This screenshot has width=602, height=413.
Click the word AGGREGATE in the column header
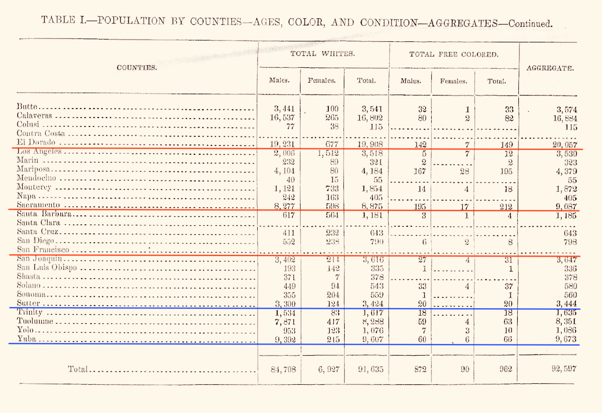pyautogui.click(x=550, y=68)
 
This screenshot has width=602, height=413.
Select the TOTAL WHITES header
pyautogui.click(x=322, y=54)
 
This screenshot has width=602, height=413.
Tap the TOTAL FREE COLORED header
pyautogui.click(x=453, y=55)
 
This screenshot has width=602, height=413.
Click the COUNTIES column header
pyautogui.click(x=137, y=68)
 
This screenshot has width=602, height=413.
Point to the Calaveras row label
pyautogui.click(x=34, y=116)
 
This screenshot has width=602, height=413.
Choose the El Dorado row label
pyautogui.click(x=36, y=142)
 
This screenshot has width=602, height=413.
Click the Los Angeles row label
pyautogui.click(x=39, y=151)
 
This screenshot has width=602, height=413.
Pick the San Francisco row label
pyautogui.click(x=43, y=250)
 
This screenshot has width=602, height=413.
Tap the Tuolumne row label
pyautogui.click(x=35, y=321)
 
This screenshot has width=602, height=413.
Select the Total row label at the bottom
pyautogui.click(x=78, y=369)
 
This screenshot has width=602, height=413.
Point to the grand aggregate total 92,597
pyautogui.click(x=564, y=369)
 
